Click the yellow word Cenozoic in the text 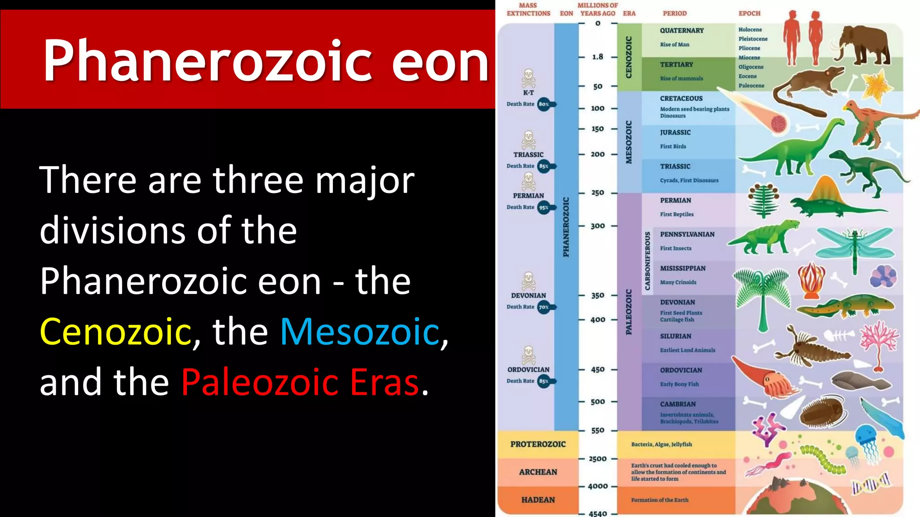[x=115, y=332]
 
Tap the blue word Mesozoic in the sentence [x=360, y=332]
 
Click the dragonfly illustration [x=854, y=245]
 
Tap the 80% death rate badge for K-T [x=544, y=104]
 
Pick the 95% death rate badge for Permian [x=544, y=207]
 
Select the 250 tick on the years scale [x=597, y=193]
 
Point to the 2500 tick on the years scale [x=597, y=459]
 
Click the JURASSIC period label [x=675, y=132]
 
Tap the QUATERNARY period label [x=681, y=31]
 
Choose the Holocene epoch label [x=750, y=30]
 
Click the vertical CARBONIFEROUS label [x=647, y=261]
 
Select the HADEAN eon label [x=538, y=500]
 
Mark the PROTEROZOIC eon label [x=538, y=444]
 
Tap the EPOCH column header [x=749, y=13]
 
